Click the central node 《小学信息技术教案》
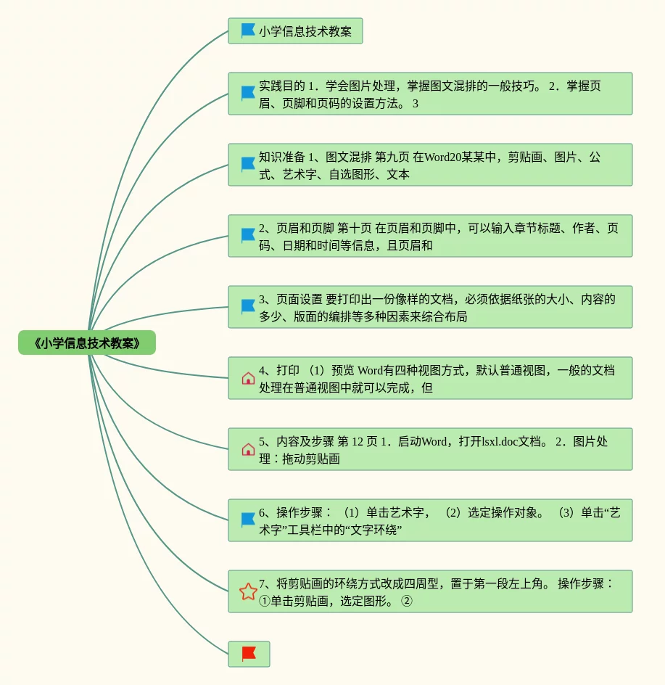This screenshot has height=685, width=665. (x=87, y=343)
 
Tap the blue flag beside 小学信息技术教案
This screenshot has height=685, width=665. (x=248, y=30)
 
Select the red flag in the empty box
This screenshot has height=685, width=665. (x=249, y=654)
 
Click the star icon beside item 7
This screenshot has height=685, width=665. (x=248, y=591)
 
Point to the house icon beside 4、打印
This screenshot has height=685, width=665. (x=248, y=378)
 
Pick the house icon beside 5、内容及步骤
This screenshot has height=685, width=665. (x=248, y=450)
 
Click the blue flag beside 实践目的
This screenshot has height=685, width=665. (x=248, y=94)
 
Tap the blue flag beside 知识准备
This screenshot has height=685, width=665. (x=248, y=164)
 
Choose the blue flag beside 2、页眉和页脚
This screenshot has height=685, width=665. (x=248, y=235)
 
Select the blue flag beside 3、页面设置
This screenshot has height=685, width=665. (x=248, y=307)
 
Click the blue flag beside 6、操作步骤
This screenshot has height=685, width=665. (x=248, y=520)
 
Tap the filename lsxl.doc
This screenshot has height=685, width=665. (x=500, y=442)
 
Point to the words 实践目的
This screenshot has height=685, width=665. (x=281, y=86)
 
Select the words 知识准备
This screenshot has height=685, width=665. (x=281, y=157)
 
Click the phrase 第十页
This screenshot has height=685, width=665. (x=354, y=228)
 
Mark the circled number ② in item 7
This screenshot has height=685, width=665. (x=407, y=601)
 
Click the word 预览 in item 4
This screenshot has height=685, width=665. (x=343, y=371)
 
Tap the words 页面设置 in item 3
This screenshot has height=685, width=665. (x=299, y=299)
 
